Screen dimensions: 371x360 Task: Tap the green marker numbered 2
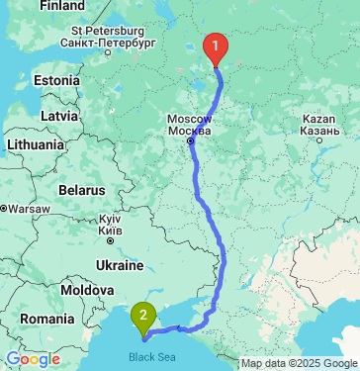[x=144, y=317]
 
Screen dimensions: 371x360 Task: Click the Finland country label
[x=62, y=5]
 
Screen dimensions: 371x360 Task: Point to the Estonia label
[x=56, y=80]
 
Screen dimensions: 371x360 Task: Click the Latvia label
[x=59, y=117]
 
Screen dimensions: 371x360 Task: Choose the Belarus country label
[x=81, y=189]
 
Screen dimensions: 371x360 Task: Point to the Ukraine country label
[x=120, y=265]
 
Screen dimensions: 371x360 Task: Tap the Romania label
[x=45, y=320]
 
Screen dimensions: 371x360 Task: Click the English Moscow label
[x=190, y=120]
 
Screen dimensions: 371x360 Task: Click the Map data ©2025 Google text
[x=300, y=364]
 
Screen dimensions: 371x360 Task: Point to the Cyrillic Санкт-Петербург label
[x=108, y=45]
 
